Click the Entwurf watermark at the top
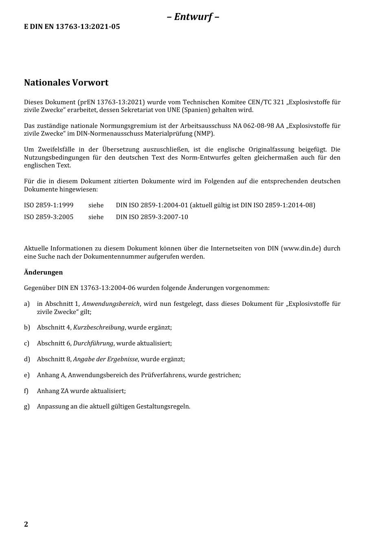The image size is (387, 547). (193, 17)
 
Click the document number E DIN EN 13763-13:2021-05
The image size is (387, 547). (72, 27)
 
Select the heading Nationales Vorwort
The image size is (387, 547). (66, 83)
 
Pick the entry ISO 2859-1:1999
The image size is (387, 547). (48, 205)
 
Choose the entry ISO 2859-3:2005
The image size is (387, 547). (48, 217)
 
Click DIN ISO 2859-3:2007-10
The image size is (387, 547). (152, 217)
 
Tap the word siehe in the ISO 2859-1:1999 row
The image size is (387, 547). (96, 205)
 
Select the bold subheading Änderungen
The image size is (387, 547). (43, 272)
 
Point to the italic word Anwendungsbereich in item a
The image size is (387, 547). (111, 304)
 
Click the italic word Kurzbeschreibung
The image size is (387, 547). (99, 328)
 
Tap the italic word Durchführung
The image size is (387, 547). (93, 343)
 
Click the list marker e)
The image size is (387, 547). (27, 375)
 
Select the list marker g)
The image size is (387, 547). (27, 406)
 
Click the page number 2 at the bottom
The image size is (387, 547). (26, 524)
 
